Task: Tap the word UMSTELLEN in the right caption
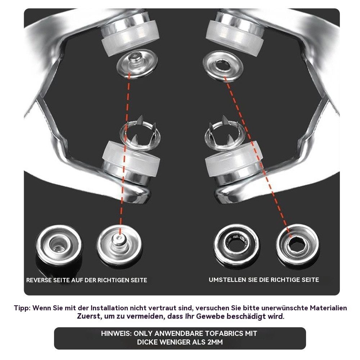(228, 280)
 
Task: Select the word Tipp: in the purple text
(22, 308)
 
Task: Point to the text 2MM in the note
(215, 342)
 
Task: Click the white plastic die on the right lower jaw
(233, 159)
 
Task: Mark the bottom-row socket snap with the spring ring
(237, 246)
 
